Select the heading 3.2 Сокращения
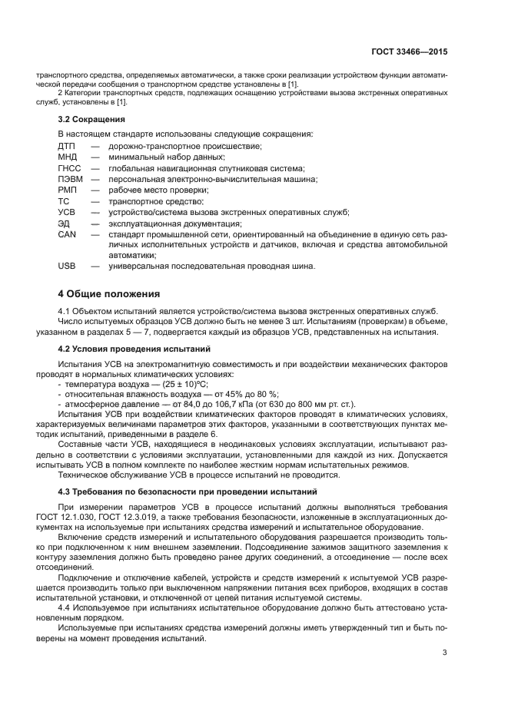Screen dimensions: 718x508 click(91, 120)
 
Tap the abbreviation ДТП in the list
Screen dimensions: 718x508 click(68, 146)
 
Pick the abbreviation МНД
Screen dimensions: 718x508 click(68, 157)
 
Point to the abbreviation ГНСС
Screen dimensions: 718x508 click(69, 168)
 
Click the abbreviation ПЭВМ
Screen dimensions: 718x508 click(70, 179)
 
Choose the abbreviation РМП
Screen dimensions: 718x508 click(68, 190)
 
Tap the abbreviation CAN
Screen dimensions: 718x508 click(67, 233)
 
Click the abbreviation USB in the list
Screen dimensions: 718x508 click(67, 266)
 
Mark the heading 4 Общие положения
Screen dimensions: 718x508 click(109, 293)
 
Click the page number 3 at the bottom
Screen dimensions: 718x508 click(444, 653)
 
